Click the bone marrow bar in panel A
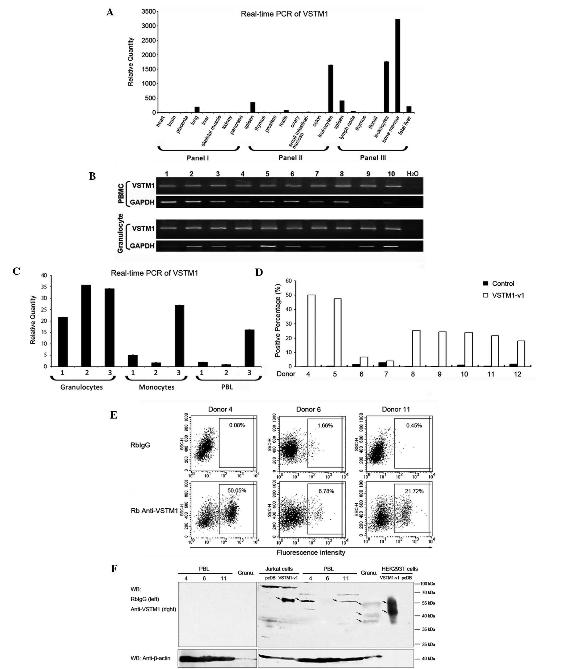398,66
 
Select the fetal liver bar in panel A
409,109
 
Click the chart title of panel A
284,14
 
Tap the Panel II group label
290,157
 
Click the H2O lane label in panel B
412,174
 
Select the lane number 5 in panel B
267,174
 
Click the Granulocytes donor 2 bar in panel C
86,326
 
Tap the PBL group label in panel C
227,387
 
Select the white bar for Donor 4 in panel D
311,331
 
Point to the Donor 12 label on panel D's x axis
518,374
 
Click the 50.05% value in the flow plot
237,490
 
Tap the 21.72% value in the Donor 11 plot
414,491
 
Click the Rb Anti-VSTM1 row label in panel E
154,510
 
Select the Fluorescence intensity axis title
311,552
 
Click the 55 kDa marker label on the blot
428,603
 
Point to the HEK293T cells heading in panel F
399,569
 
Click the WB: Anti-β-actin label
150,658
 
